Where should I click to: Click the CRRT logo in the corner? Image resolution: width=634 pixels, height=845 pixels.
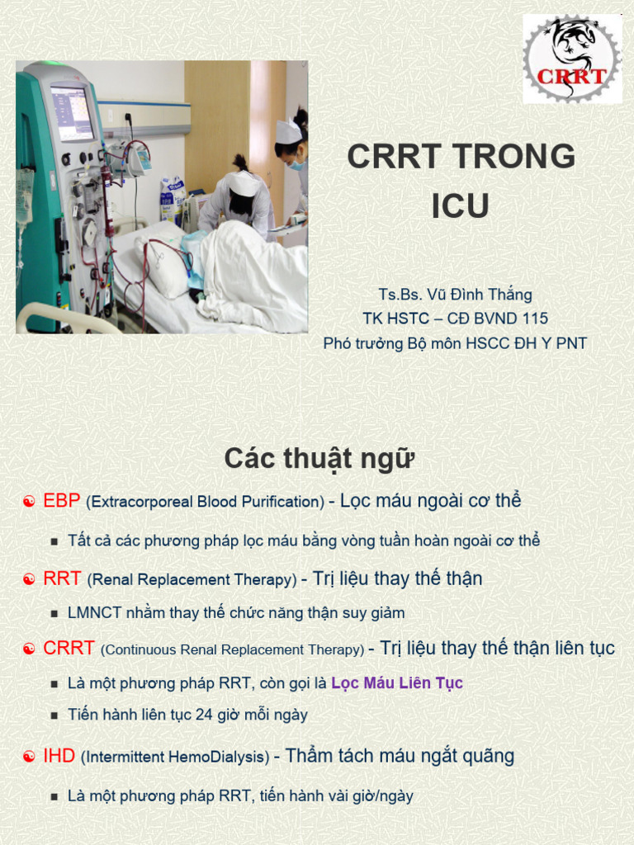[571, 59]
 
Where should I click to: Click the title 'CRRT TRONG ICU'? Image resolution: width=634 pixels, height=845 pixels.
[461, 181]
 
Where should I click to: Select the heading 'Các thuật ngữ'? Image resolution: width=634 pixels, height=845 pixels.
[319, 459]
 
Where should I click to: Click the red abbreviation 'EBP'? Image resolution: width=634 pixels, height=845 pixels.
[62, 501]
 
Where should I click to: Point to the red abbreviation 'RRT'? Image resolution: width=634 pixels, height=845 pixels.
[62, 578]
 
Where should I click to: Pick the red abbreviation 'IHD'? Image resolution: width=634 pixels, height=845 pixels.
[59, 755]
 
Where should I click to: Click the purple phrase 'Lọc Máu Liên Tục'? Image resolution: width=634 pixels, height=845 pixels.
[396, 683]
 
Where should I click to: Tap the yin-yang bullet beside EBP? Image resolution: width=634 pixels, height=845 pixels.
[29, 502]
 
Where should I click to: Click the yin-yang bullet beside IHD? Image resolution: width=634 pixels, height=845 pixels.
[29, 756]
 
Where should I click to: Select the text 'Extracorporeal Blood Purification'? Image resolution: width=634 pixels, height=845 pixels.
[206, 502]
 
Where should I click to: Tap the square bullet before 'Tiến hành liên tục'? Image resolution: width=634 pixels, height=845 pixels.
[54, 715]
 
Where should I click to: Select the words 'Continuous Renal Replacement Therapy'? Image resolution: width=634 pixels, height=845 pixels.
[232, 650]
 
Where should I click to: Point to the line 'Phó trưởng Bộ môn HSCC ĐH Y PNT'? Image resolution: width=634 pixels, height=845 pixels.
[455, 343]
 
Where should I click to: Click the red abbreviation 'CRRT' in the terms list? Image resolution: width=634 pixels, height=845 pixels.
[69, 649]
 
